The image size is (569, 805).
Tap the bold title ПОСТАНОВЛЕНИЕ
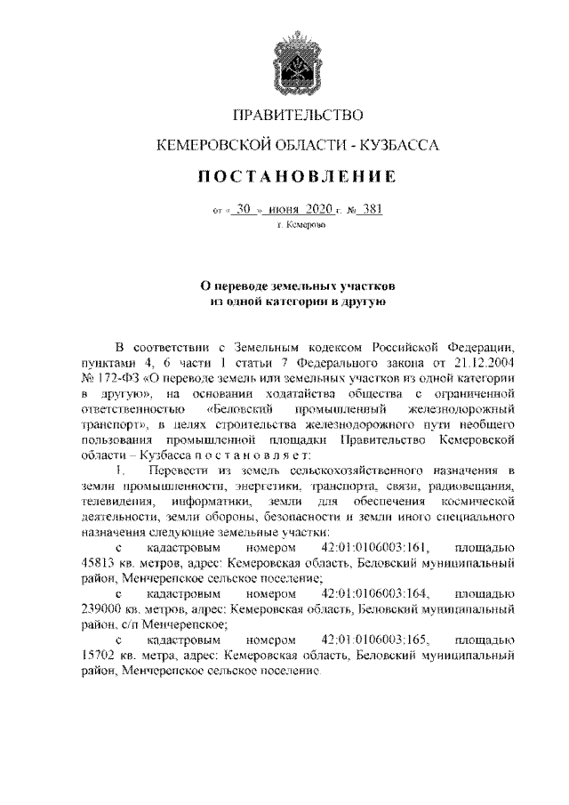click(x=284, y=177)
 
